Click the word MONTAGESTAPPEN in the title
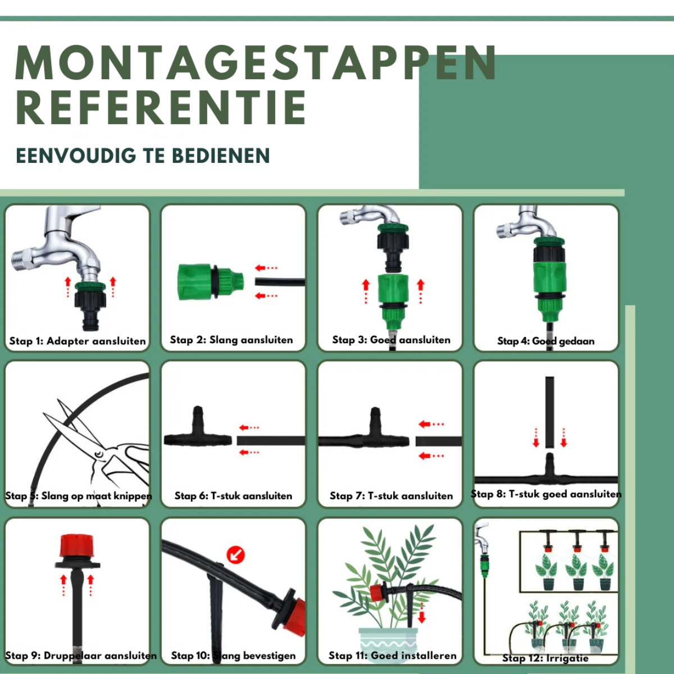[256, 63]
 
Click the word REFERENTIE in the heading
[161, 107]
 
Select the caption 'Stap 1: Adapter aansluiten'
[78, 341]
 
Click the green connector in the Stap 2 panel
[211, 282]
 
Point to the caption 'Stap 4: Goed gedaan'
[545, 341]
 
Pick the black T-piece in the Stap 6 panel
[198, 429]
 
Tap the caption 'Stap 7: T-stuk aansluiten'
[391, 495]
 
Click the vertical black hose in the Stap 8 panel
[549, 412]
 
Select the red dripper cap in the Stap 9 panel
[76, 545]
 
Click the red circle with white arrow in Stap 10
[236, 555]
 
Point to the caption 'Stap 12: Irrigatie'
[545, 658]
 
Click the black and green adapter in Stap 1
[90, 305]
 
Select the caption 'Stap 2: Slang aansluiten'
[231, 340]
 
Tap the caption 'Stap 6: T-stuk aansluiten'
[233, 495]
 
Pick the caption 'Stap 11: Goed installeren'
[393, 655]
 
